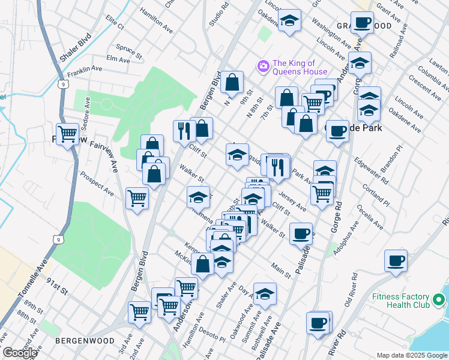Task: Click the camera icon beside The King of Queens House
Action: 262,66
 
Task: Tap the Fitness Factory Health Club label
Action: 400,301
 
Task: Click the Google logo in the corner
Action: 20,353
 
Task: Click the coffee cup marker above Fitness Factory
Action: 396,261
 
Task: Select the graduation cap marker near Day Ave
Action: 265,294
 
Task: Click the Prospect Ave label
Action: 97,184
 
